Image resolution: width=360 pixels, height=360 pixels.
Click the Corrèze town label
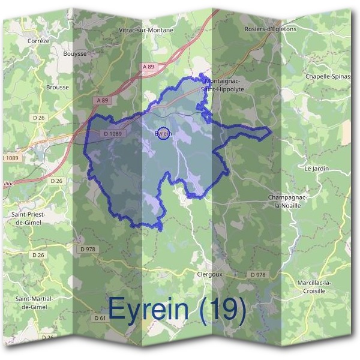click(x=38, y=41)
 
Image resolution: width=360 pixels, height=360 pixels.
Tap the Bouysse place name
click(x=75, y=53)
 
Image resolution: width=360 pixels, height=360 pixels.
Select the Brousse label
click(x=58, y=87)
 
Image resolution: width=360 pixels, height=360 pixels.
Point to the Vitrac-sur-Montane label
click(x=146, y=30)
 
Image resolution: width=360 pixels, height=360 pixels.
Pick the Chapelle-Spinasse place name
click(x=328, y=77)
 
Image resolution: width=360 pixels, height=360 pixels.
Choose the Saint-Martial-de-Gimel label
click(x=34, y=302)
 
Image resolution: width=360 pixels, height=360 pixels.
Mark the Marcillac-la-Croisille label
click(x=319, y=286)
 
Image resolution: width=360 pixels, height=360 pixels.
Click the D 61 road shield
click(x=100, y=318)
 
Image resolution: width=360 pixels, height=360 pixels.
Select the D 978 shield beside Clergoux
click(x=257, y=275)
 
